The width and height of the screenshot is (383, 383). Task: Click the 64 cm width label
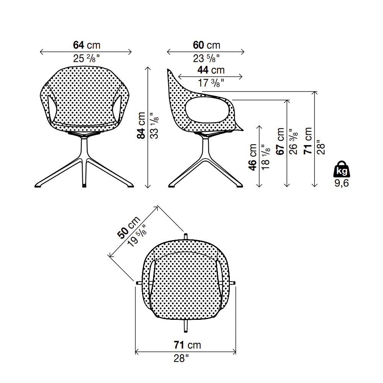(87, 45)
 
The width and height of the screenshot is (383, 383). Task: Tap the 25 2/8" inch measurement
(87, 59)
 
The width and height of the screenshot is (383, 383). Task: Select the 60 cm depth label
(206, 45)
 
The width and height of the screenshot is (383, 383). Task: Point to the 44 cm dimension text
(211, 70)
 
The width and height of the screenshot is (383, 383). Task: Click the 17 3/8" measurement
(211, 83)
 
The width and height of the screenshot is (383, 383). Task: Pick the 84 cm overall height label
(141, 126)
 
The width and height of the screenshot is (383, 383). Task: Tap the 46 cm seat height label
(252, 157)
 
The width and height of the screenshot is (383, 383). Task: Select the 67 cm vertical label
(280, 141)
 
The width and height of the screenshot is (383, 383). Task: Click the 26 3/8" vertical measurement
(293, 142)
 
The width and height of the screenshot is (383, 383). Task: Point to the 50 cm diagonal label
(128, 227)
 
